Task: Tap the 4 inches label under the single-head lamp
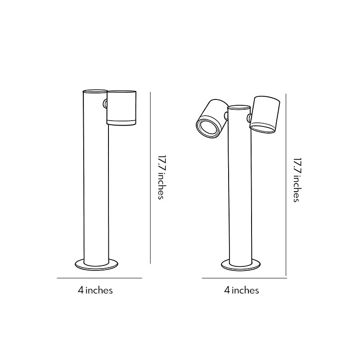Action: (95, 290)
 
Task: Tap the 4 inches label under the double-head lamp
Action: (242, 290)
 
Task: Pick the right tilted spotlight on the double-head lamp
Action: (265, 114)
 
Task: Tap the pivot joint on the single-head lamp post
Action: (105, 104)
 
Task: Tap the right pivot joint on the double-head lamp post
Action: (249, 118)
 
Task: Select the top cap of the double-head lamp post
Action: (239, 108)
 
